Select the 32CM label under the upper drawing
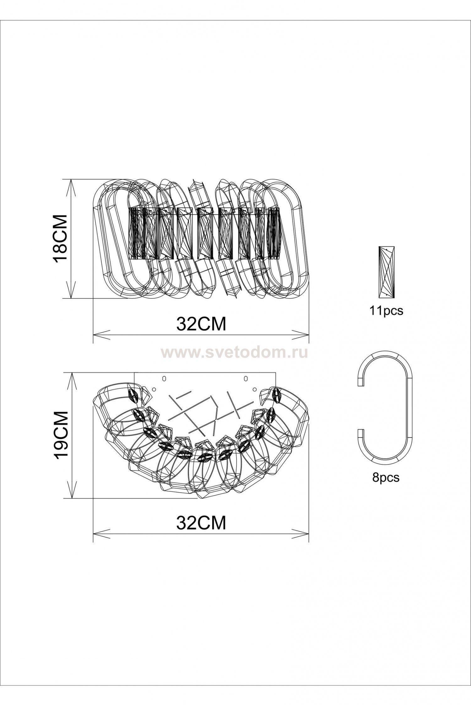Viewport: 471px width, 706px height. point(201,324)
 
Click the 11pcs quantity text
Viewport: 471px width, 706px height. point(386,311)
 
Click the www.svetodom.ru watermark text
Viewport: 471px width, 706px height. point(235,353)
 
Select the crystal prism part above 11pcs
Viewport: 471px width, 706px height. point(387,272)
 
